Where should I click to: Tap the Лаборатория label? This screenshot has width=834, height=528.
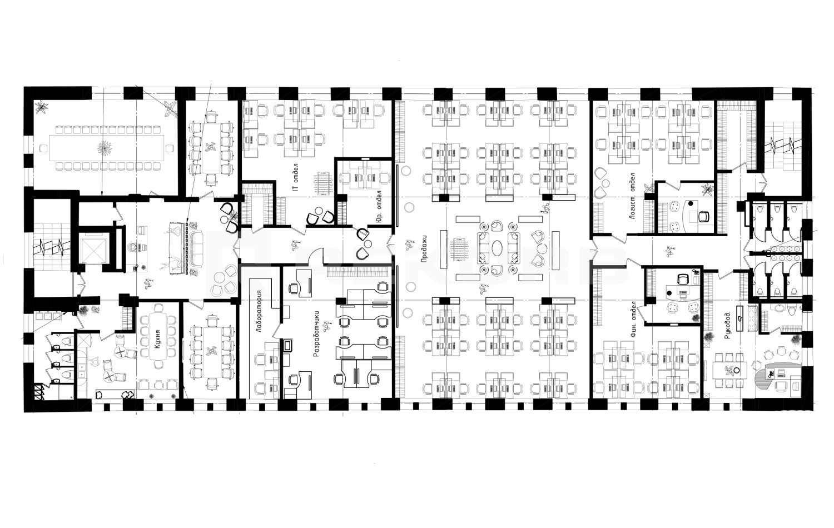(260, 311)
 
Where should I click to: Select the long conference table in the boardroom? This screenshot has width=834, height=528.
(106, 148)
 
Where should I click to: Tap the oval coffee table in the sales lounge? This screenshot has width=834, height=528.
(499, 247)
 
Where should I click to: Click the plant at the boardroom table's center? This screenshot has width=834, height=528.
(105, 148)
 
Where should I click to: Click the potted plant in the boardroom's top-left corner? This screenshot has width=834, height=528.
(41, 107)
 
